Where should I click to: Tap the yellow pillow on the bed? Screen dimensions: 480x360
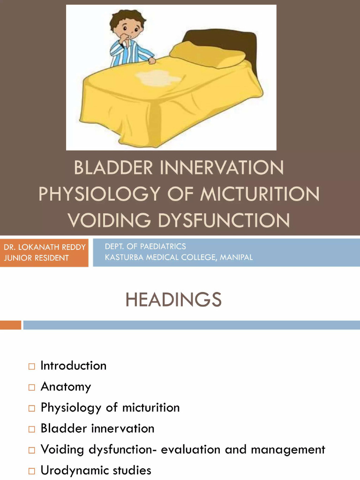click(x=208, y=54)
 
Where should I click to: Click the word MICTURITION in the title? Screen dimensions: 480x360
click(x=260, y=194)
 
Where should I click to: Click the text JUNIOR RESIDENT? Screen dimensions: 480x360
click(x=37, y=258)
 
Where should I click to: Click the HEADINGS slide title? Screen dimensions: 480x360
click(x=173, y=300)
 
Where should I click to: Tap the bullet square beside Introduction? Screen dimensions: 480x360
click(x=31, y=366)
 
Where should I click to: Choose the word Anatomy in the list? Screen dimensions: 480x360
click(x=66, y=387)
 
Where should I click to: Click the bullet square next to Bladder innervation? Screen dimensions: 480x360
click(x=31, y=429)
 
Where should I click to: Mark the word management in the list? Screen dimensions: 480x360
click(x=288, y=450)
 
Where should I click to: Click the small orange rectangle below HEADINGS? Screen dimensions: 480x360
click(x=10, y=325)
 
